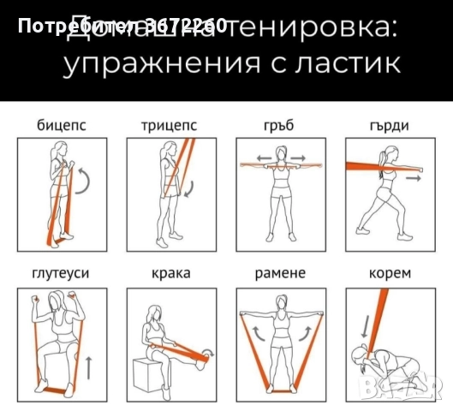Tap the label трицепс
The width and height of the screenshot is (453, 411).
coord(169,126)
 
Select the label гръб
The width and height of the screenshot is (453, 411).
coord(279,126)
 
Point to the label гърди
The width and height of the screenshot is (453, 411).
coord(388,126)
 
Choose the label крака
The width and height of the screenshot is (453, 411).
coord(169,274)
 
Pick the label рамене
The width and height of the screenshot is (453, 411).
coord(279,274)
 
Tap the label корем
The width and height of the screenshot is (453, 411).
coord(388,274)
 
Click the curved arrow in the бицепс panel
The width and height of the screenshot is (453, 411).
coord(83,181)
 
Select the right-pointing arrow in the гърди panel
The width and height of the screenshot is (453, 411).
coord(413,179)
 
